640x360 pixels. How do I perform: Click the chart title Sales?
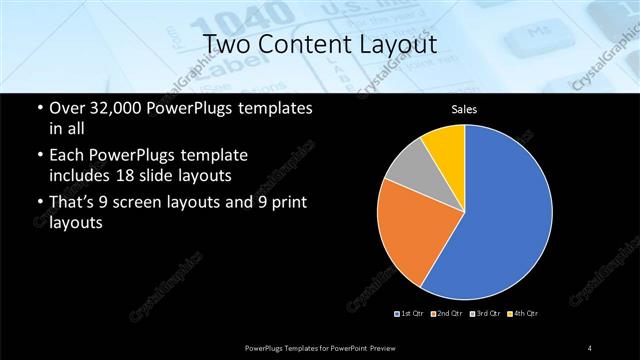(464, 111)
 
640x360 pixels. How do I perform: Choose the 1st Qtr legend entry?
(410, 313)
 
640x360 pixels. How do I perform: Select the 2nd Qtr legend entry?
(449, 313)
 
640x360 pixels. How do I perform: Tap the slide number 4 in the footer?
(590, 347)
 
